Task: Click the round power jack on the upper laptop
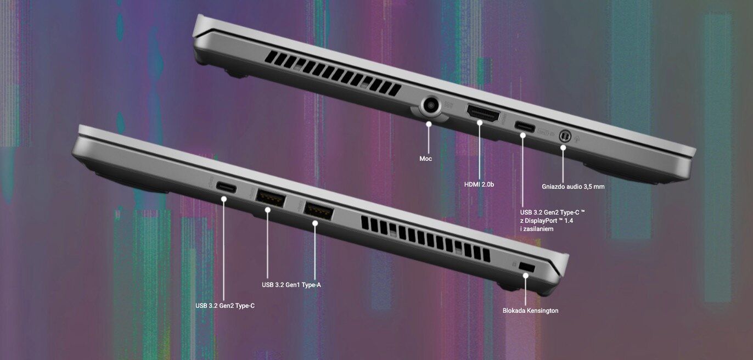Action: pos(431,105)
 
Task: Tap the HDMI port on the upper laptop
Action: pos(483,113)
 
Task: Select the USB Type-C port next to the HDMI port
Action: pos(525,127)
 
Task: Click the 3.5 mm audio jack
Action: pos(565,136)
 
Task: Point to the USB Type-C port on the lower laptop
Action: pos(226,187)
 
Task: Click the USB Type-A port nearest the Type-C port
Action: pos(270,198)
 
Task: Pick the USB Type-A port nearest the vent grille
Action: pos(318,211)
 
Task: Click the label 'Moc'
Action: pos(425,159)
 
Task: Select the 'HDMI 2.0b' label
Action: pos(479,184)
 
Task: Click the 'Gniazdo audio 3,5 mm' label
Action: pos(573,187)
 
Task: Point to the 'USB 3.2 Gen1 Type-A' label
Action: pos(291,285)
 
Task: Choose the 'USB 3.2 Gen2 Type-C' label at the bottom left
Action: pos(225,306)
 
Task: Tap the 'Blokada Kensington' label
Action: pos(531,311)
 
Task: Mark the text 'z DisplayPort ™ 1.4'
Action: pos(547,221)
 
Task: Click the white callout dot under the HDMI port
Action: pos(480,123)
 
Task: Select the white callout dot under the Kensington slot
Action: pos(526,275)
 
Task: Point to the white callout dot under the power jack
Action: pos(429,124)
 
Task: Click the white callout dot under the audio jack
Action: pos(563,147)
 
